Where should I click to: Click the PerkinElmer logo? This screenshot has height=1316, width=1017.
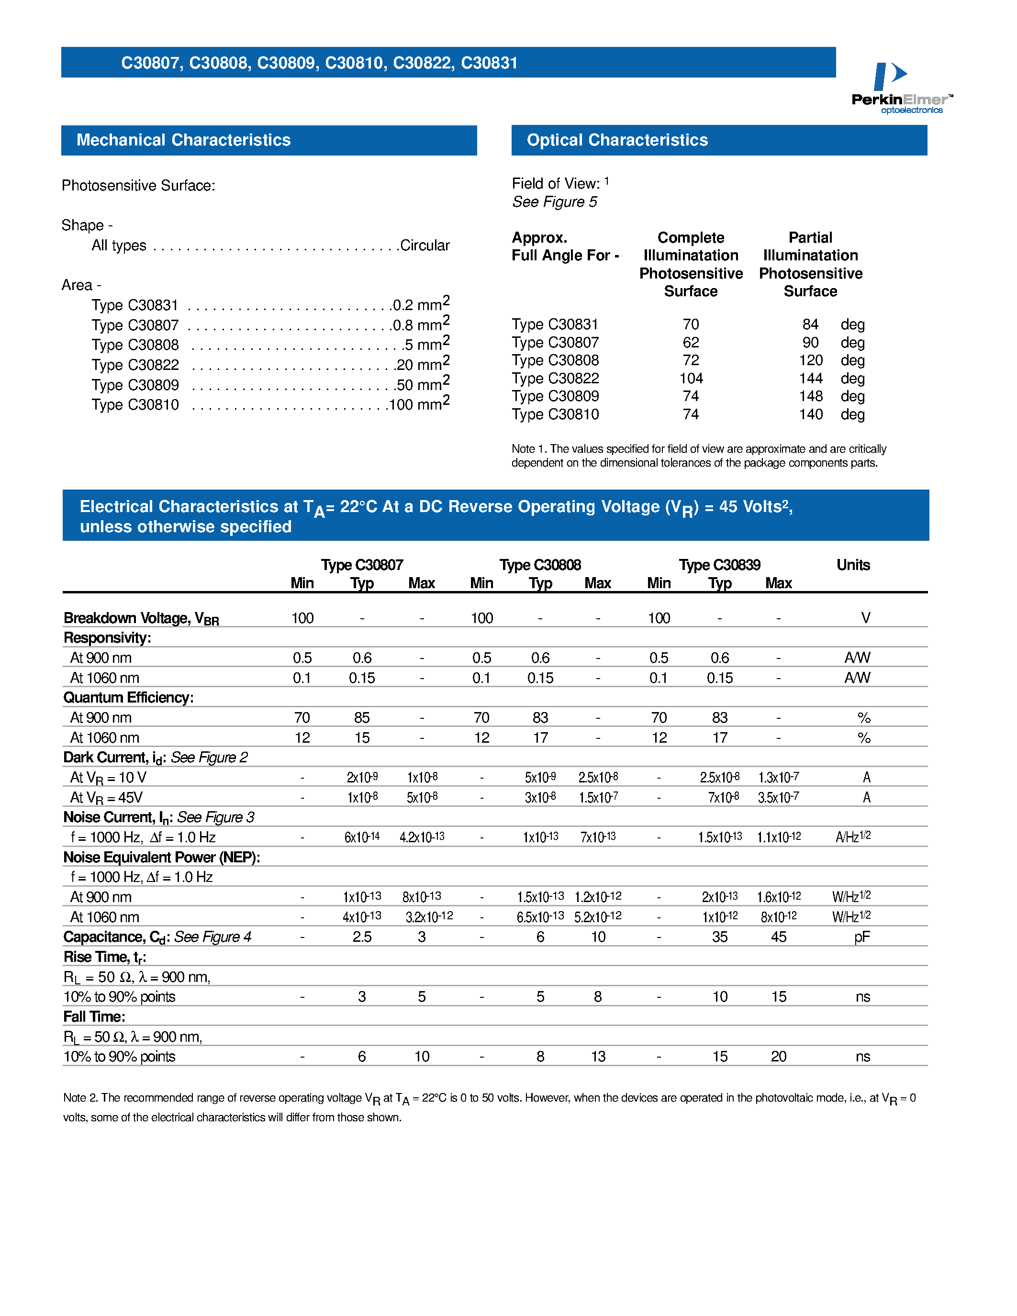tap(901, 88)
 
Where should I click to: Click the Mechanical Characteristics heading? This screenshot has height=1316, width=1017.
tap(183, 140)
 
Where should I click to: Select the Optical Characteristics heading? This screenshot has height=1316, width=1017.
tap(617, 140)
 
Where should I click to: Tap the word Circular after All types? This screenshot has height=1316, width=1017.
tap(425, 245)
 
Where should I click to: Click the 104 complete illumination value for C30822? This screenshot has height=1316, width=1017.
tap(691, 379)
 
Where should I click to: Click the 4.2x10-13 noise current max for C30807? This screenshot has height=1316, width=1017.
tap(422, 837)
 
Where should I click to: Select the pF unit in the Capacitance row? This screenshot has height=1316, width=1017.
tap(861, 937)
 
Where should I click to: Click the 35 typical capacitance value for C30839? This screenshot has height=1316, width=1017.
tap(719, 937)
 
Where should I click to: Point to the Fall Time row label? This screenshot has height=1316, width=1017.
tap(94, 1016)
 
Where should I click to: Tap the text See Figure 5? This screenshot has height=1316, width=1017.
tap(554, 202)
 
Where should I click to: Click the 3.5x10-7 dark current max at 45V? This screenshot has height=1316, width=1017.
tap(778, 797)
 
